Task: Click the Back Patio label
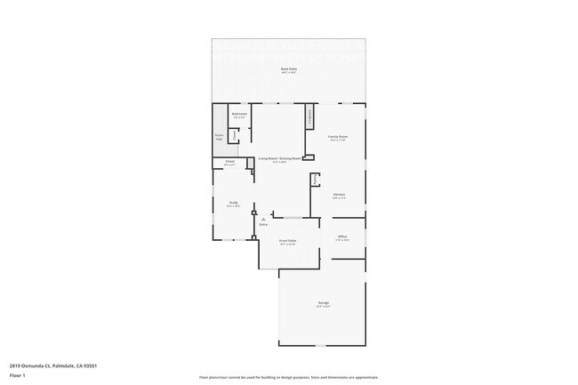(288, 69)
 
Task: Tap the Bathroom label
(238, 114)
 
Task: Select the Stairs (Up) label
(219, 137)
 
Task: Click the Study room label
(233, 204)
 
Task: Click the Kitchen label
(338, 196)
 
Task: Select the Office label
(341, 237)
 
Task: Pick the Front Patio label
(286, 241)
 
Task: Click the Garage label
(323, 304)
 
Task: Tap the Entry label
(263, 224)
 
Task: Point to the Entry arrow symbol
(263, 218)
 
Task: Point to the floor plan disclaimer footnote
(288, 377)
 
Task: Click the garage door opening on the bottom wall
(322, 346)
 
